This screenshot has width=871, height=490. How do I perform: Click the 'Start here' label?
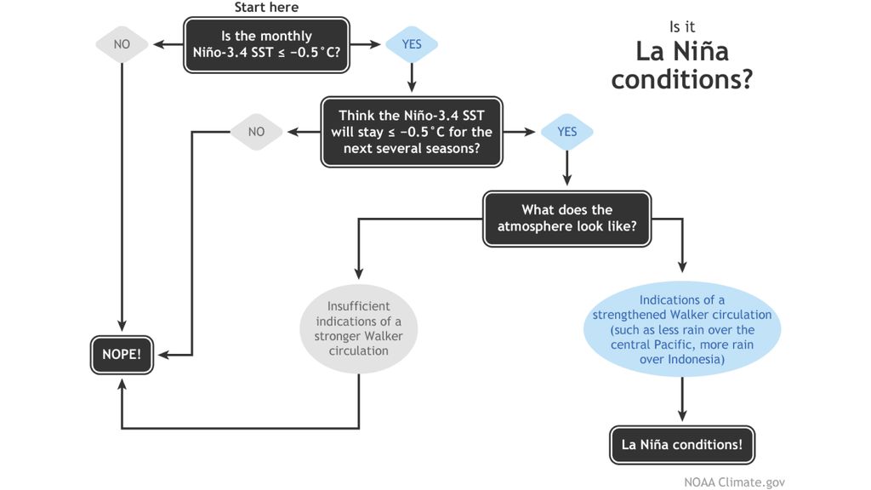pyautogui.click(x=266, y=8)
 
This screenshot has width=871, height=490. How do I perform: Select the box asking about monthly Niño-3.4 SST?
pyautogui.click(x=266, y=44)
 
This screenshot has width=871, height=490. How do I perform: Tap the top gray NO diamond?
pyautogui.click(x=122, y=44)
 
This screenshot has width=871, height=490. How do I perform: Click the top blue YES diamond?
pyautogui.click(x=412, y=44)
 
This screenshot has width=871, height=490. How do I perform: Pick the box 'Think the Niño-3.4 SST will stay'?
pyautogui.click(x=415, y=132)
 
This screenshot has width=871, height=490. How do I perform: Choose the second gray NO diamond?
pyautogui.click(x=257, y=132)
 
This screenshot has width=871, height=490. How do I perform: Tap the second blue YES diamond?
pyautogui.click(x=566, y=132)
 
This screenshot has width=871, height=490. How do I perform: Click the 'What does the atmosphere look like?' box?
pyautogui.click(x=566, y=219)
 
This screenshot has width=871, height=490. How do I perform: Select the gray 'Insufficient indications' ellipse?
pyautogui.click(x=358, y=328)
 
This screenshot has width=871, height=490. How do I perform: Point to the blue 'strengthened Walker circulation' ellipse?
pyautogui.click(x=682, y=329)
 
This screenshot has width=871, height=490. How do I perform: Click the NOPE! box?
pyautogui.click(x=122, y=354)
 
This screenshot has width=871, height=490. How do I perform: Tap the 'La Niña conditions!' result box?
pyautogui.click(x=682, y=444)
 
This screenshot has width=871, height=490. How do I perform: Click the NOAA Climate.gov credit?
pyautogui.click(x=734, y=481)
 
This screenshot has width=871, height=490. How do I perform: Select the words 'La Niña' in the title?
pyautogui.click(x=682, y=51)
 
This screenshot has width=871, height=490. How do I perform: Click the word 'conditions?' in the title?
pyautogui.click(x=682, y=79)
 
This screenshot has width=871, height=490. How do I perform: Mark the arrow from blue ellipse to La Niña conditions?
pyautogui.click(x=682, y=400)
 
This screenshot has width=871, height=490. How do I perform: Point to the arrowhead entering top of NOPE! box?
pyautogui.click(x=122, y=327)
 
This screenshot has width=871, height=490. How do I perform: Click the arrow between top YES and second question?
pyautogui.click(x=412, y=78)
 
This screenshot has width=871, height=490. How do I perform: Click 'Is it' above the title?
pyautogui.click(x=682, y=26)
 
